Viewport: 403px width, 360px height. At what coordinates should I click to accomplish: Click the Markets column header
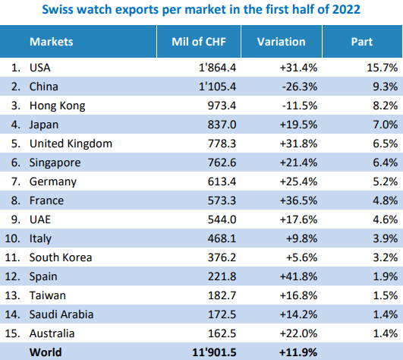pyautogui.click(x=51, y=42)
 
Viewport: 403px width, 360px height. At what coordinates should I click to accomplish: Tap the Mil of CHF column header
pyautogui.click(x=199, y=42)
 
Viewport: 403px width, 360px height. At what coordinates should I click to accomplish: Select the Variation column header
pyautogui.click(x=281, y=42)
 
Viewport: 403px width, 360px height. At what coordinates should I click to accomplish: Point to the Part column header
pyautogui.click(x=361, y=42)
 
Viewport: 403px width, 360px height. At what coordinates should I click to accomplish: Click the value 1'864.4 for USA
pyautogui.click(x=217, y=68)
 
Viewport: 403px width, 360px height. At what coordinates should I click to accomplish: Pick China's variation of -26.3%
pyautogui.click(x=300, y=87)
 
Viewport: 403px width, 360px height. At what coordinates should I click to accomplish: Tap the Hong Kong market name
pyautogui.click(x=57, y=106)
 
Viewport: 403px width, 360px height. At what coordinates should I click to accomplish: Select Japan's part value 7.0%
pyautogui.click(x=386, y=125)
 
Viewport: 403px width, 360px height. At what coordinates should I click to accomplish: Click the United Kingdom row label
pyautogui.click(x=71, y=144)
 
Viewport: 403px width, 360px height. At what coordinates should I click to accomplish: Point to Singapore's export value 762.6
pyautogui.click(x=222, y=163)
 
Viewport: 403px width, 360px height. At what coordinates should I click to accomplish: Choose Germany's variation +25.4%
pyautogui.click(x=298, y=182)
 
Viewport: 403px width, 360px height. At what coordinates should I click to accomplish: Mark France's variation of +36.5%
pyautogui.click(x=298, y=201)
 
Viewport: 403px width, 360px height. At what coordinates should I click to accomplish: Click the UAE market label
pyautogui.click(x=40, y=219)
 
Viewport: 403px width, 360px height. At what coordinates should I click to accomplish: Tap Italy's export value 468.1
pyautogui.click(x=222, y=238)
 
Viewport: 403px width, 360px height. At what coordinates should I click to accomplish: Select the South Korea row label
pyautogui.click(x=61, y=257)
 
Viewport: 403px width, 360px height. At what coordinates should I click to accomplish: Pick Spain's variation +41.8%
pyautogui.click(x=298, y=276)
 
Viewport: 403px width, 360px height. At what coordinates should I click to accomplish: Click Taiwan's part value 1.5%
pyautogui.click(x=386, y=295)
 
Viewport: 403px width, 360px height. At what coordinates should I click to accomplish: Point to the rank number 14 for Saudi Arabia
pyautogui.click(x=12, y=314)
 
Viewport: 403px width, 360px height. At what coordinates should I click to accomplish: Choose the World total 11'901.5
pyautogui.click(x=214, y=352)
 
